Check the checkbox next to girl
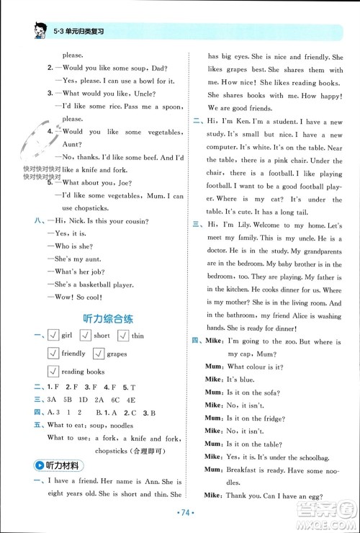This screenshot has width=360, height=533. point(53,336)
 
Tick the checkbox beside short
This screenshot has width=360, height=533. point(86,336)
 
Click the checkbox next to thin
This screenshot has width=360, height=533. point(123,336)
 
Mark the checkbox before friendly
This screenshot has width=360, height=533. point(53,354)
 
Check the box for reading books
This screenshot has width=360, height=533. point(53,372)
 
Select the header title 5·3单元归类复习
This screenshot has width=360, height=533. point(79,32)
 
